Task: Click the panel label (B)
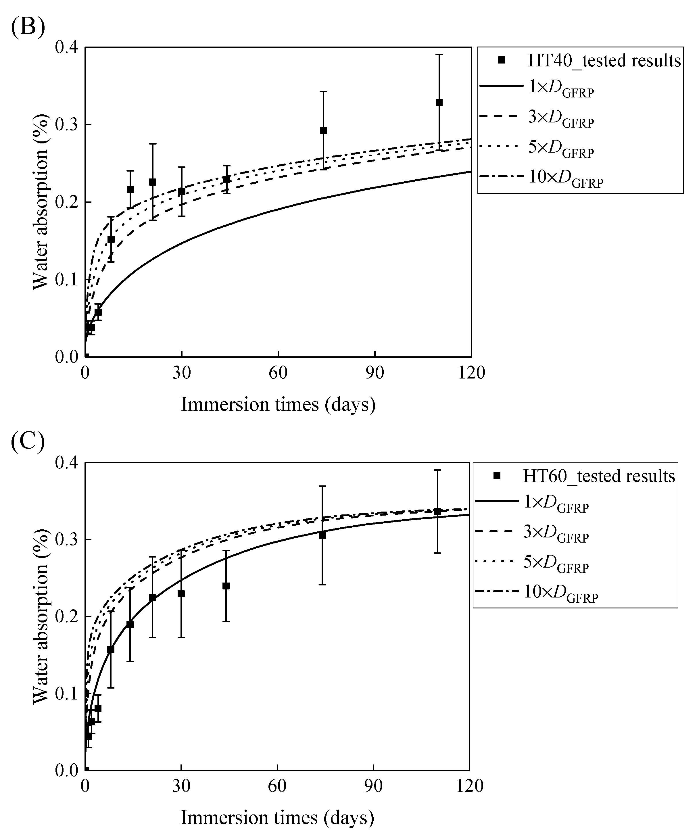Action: pos(28,27)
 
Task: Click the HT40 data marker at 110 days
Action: pos(439,102)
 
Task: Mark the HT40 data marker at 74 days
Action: pos(323,131)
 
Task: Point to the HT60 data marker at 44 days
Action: pos(226,586)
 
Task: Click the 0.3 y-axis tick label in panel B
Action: pos(67,125)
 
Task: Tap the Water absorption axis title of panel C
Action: pos(41,616)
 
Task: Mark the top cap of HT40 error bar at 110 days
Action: pos(439,54)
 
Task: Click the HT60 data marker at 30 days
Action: pos(181,593)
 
